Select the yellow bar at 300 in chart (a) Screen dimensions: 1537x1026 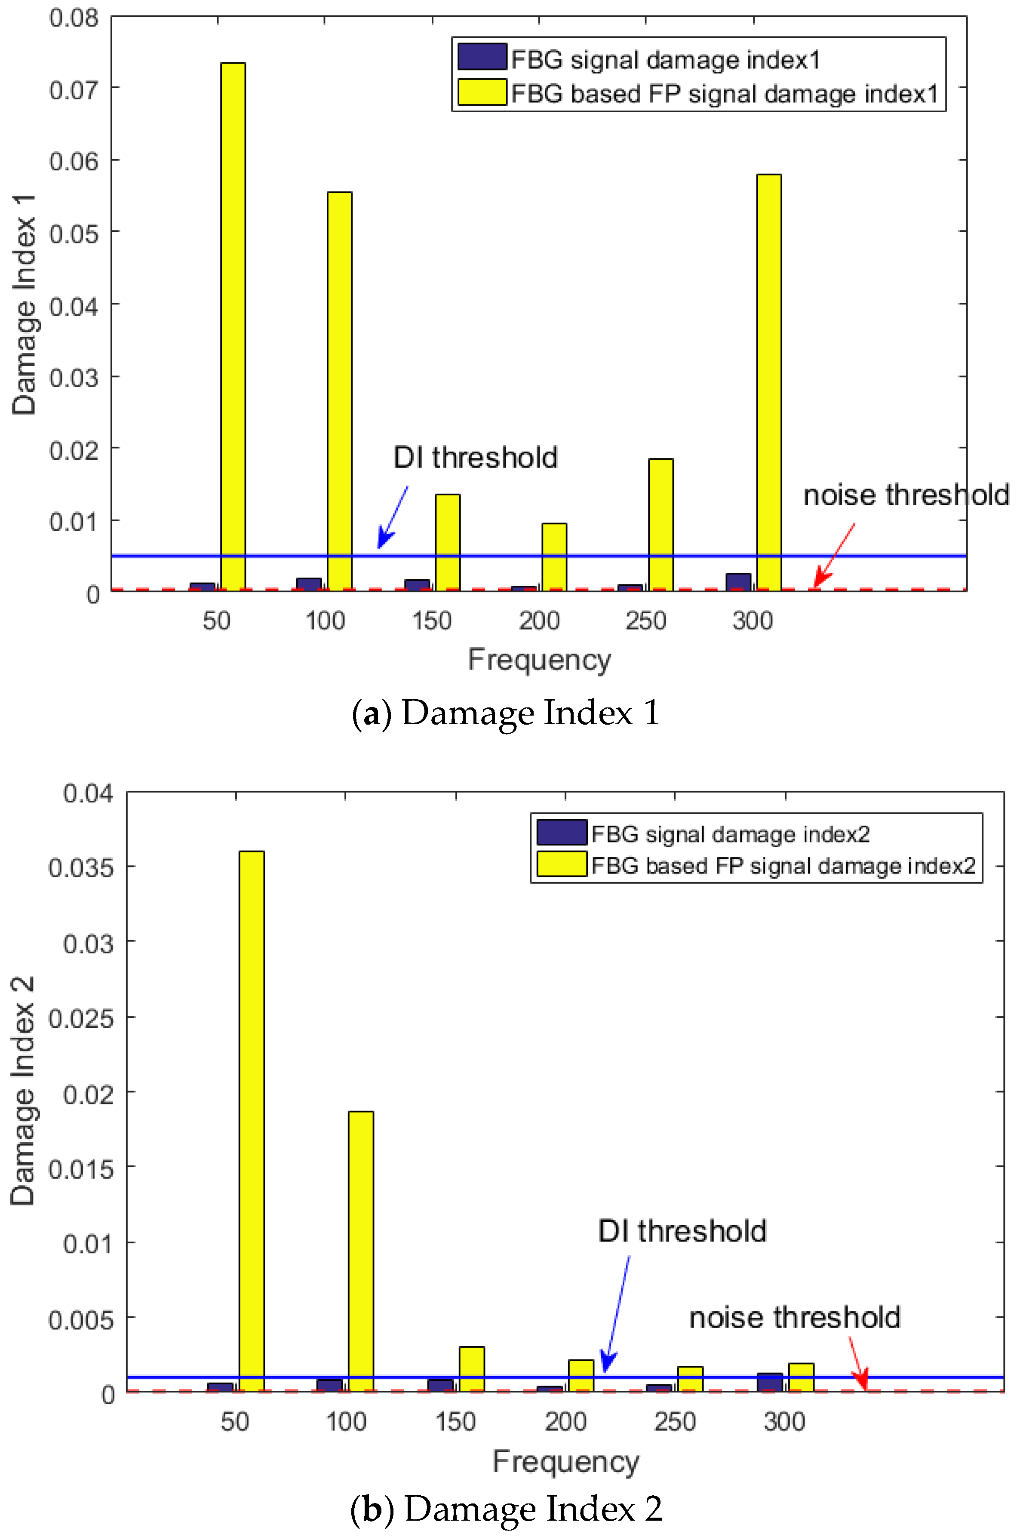click(769, 382)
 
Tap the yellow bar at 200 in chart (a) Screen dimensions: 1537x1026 click(554, 556)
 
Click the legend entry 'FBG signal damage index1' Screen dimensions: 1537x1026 click(665, 59)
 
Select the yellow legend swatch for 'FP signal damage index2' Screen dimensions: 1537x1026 click(561, 864)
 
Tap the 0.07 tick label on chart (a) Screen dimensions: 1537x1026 click(73, 89)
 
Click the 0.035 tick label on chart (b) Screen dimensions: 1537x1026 click(80, 868)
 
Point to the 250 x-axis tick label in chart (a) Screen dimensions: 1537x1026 click(646, 620)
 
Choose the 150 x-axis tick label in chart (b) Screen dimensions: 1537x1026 click(455, 1422)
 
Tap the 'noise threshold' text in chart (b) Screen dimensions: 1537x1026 click(794, 1317)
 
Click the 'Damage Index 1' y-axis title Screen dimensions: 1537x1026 click(24, 304)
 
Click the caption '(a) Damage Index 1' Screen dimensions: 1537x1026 click(506, 713)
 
